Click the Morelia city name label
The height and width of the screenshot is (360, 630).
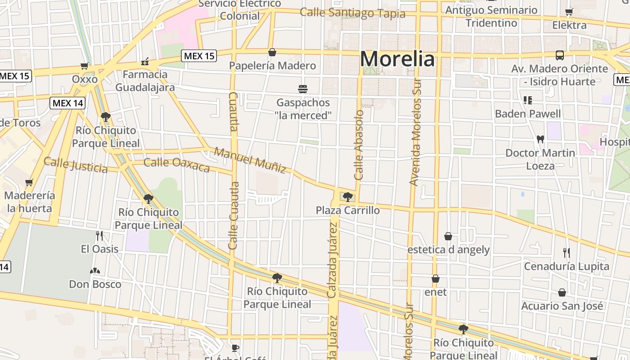(398, 59)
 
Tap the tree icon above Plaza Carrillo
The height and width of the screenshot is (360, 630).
(347, 197)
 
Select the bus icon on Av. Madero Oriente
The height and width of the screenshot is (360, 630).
(560, 55)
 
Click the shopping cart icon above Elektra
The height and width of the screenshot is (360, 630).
(569, 12)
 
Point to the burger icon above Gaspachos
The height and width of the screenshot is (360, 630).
(302, 89)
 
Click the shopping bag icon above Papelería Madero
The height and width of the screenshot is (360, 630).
(272, 52)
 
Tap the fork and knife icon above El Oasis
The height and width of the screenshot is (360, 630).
(99, 235)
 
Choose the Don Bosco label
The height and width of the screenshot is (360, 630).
(95, 284)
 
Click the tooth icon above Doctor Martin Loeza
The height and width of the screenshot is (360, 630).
(540, 139)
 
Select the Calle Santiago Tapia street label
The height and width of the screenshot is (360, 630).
(352, 13)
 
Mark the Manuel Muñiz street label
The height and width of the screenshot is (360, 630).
(250, 160)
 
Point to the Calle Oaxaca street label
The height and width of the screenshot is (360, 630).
(176, 164)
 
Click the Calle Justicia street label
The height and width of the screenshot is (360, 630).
(76, 165)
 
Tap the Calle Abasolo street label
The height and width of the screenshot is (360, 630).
(359, 145)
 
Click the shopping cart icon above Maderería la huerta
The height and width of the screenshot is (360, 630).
(29, 182)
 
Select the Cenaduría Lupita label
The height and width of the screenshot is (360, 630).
(566, 266)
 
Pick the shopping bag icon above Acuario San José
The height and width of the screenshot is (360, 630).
(562, 293)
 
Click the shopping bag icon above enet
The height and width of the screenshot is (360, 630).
(436, 279)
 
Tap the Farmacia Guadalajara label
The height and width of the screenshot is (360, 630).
(145, 81)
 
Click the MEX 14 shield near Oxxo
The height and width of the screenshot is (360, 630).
(67, 103)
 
